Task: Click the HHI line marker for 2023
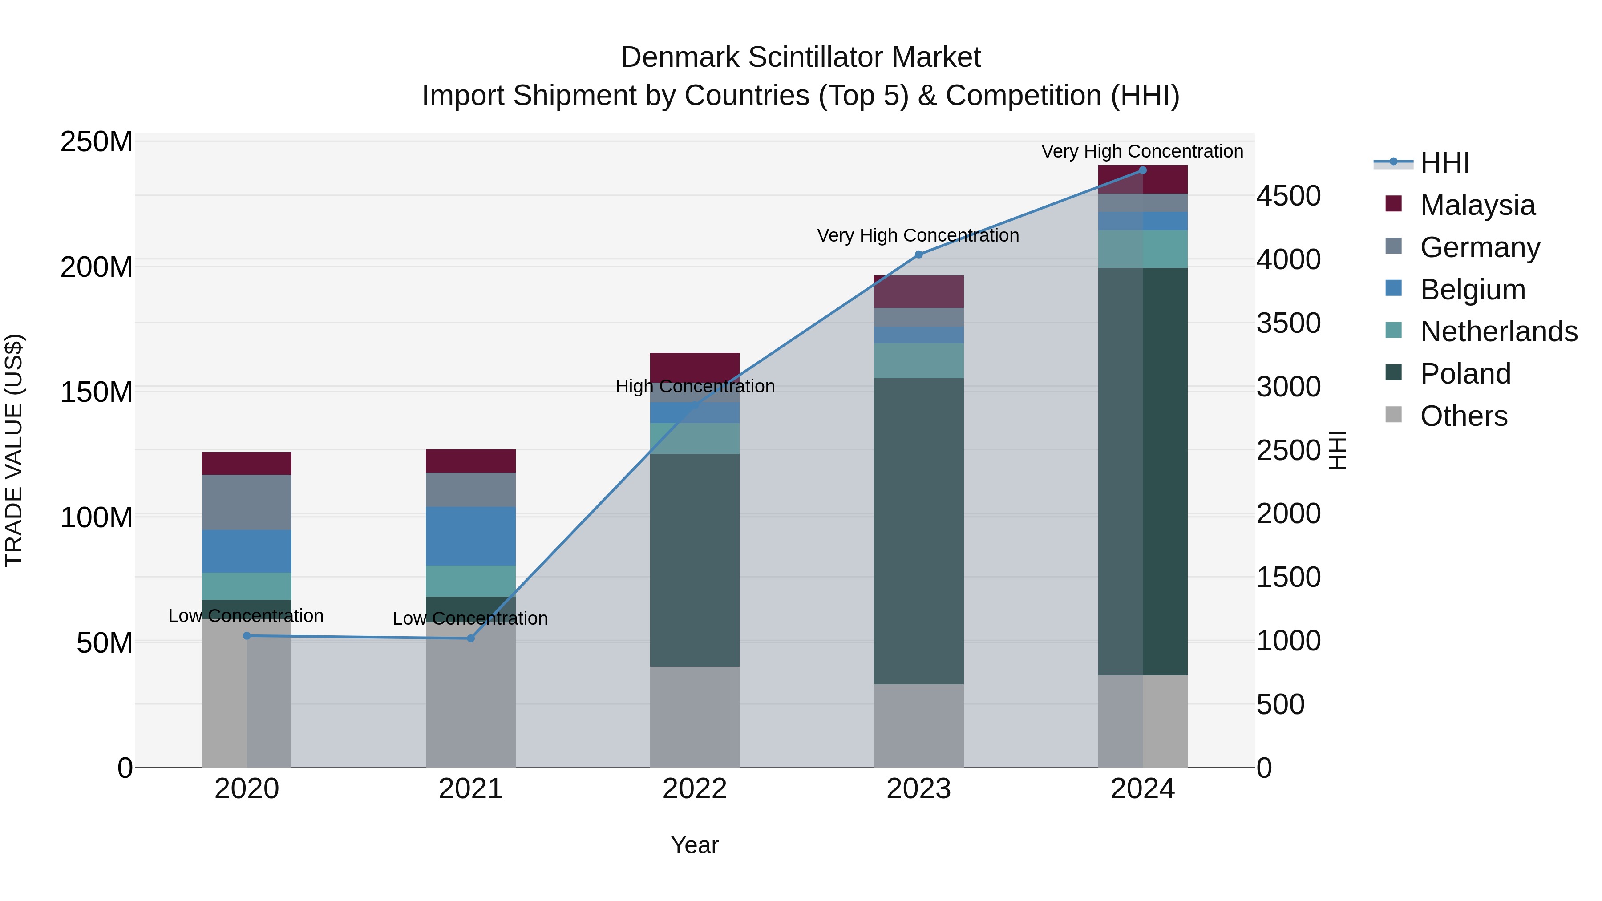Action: (918, 255)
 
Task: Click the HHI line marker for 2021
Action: (471, 638)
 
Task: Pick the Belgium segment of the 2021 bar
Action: (471, 536)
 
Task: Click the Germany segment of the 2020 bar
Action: (247, 502)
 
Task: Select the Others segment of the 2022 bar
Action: (695, 717)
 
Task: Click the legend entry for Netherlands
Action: (1499, 331)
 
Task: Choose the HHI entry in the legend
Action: (1444, 163)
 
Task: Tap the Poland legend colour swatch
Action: (1394, 372)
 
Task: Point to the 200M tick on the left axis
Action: (97, 267)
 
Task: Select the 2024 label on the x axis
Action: (1142, 789)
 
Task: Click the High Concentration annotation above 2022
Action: (695, 386)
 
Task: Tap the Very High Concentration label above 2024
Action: (1142, 151)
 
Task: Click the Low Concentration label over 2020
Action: (246, 616)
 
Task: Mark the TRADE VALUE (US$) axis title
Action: (14, 450)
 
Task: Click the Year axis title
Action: (695, 845)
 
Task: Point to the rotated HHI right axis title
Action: (1337, 450)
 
